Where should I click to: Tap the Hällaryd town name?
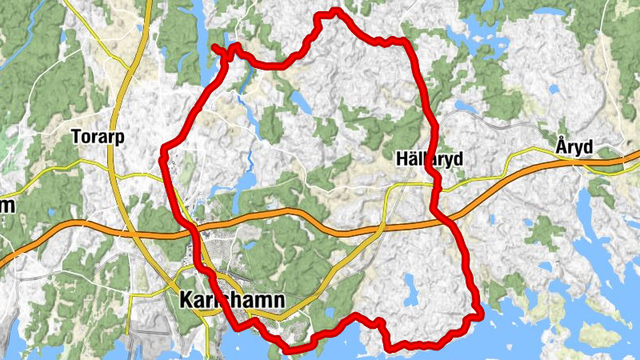click(x=429, y=160)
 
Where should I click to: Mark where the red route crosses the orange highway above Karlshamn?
click(x=193, y=227)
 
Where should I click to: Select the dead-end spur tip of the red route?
click(x=214, y=48)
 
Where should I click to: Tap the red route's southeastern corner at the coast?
click(x=481, y=313)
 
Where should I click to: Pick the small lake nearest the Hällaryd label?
click(x=462, y=104)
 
